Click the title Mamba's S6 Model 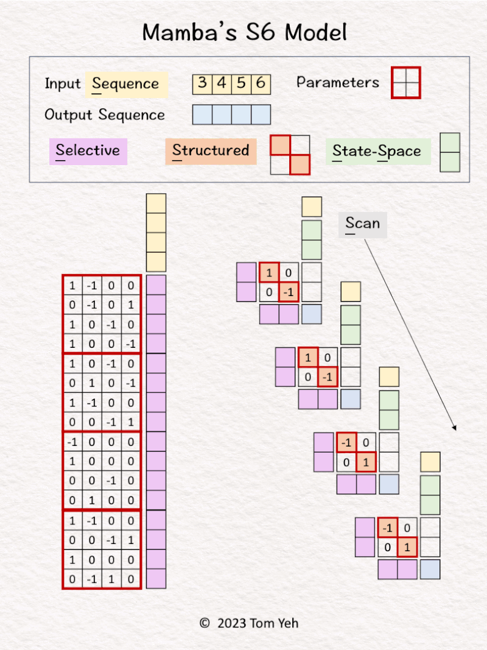click(244, 32)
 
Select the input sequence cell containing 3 click(202, 83)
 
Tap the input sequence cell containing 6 click(261, 83)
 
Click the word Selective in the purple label click(88, 150)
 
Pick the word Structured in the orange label click(211, 150)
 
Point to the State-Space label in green click(377, 152)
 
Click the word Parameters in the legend click(338, 82)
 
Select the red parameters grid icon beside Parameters click(405, 82)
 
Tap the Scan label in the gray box click(362, 224)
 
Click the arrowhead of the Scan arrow click(454, 428)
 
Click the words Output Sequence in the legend click(105, 115)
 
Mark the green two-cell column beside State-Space click(450, 152)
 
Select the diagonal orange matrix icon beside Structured click(290, 155)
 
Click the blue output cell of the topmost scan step click(312, 314)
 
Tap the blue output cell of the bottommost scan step click(430, 569)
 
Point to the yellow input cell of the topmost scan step click(312, 207)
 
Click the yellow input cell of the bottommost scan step click(430, 462)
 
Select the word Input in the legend click(62, 83)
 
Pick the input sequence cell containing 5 click(241, 83)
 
